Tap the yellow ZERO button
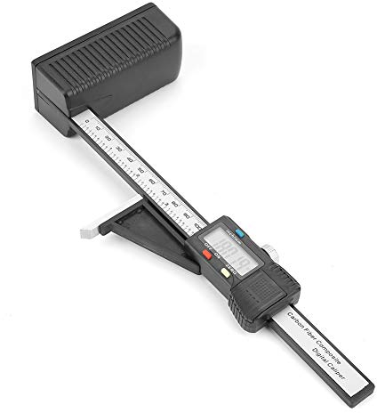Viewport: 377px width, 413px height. pyautogui.click(x=226, y=273)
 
